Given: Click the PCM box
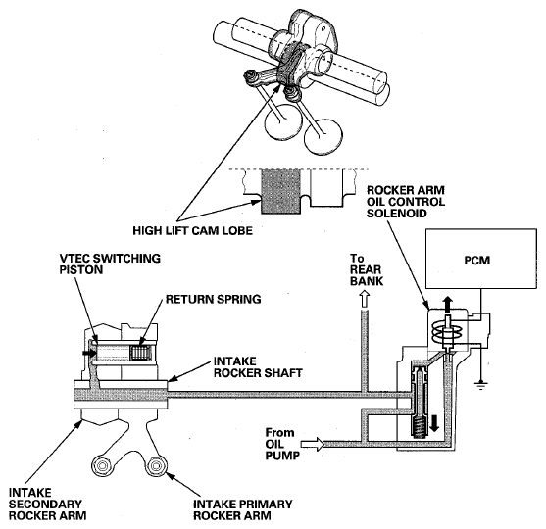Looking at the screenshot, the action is (x=481, y=259).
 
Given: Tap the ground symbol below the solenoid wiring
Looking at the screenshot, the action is (x=481, y=385).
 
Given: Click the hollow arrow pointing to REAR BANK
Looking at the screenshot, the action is (x=365, y=299).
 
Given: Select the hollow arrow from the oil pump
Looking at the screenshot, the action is (x=313, y=445).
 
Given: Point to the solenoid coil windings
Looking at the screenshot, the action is (x=447, y=332).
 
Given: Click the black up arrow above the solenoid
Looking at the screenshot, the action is (x=448, y=305).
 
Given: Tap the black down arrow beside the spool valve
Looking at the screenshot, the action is (x=434, y=422).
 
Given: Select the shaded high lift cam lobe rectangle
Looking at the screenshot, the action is (x=280, y=191).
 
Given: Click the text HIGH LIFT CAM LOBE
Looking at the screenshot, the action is (x=192, y=231).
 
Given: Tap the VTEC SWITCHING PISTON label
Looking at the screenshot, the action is (x=110, y=264).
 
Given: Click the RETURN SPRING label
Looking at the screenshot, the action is (x=213, y=299).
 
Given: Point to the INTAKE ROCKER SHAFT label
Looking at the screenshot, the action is (x=258, y=366).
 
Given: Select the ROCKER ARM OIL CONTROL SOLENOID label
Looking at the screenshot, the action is (x=406, y=202).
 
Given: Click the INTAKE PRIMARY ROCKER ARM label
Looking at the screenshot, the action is (x=243, y=509).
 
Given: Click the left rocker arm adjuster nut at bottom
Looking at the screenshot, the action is (x=102, y=465).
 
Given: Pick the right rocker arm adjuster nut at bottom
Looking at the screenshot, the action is (x=155, y=465).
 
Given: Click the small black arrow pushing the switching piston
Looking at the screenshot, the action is (x=89, y=353).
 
